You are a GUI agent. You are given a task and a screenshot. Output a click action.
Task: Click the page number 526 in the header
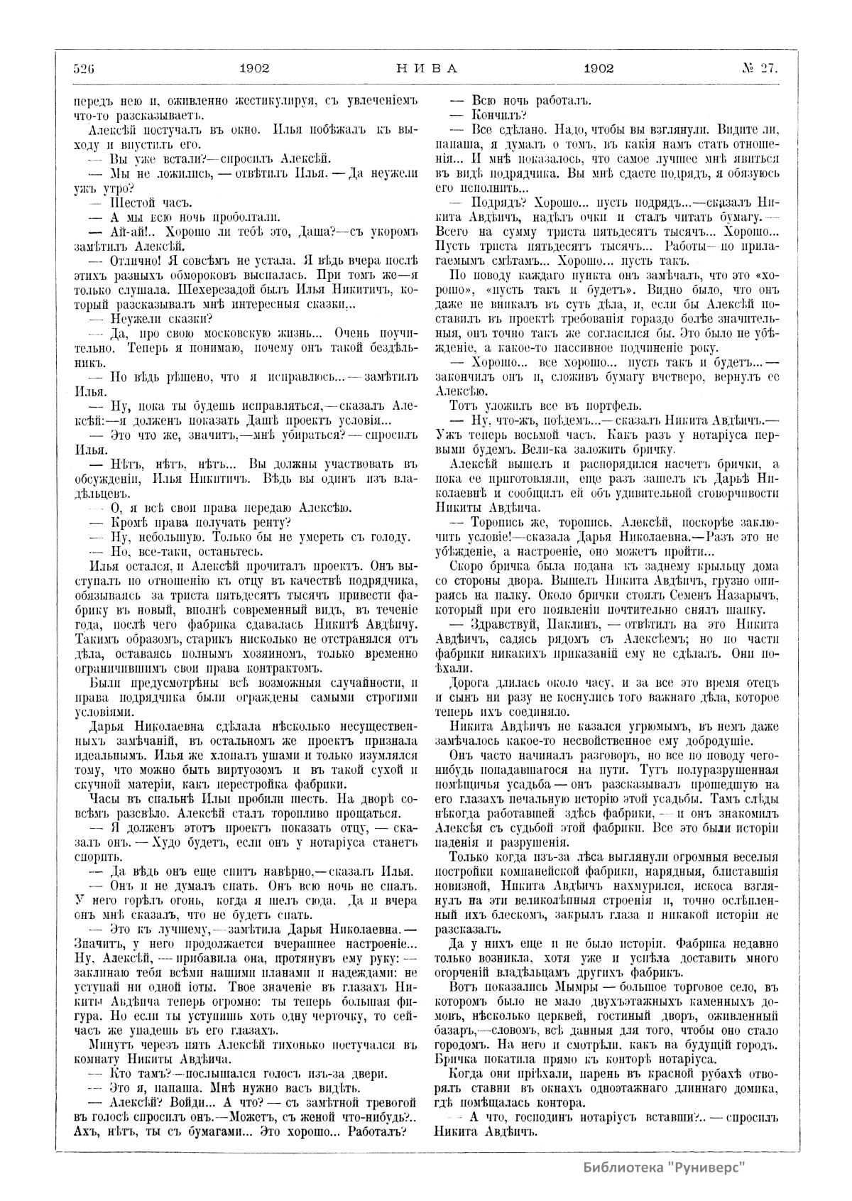tap(84, 68)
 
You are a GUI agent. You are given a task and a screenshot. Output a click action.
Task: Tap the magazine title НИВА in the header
tap(426, 68)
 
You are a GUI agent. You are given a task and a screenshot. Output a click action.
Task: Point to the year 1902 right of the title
tap(599, 68)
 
